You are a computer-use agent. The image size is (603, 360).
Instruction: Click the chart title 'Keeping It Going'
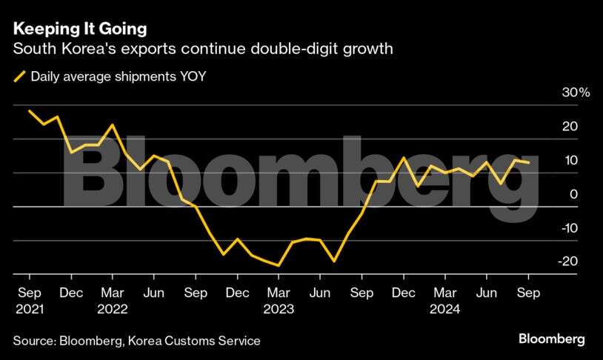tap(79, 30)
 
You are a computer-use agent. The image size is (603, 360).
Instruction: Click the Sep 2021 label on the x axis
tap(29, 293)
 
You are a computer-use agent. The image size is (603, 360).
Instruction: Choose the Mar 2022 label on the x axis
tap(112, 293)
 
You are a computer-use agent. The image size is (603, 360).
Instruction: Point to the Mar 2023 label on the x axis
tap(279, 293)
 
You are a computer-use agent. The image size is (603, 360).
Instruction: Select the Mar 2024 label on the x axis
tap(445, 293)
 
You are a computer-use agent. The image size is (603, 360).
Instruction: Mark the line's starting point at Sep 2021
tap(29, 110)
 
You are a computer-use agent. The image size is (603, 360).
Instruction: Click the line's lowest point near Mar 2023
tap(279, 265)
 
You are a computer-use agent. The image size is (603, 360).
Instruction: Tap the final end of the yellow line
tap(528, 162)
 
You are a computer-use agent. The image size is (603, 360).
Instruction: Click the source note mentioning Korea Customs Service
tap(136, 341)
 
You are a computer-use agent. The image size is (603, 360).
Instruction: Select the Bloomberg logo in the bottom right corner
tap(550, 339)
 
